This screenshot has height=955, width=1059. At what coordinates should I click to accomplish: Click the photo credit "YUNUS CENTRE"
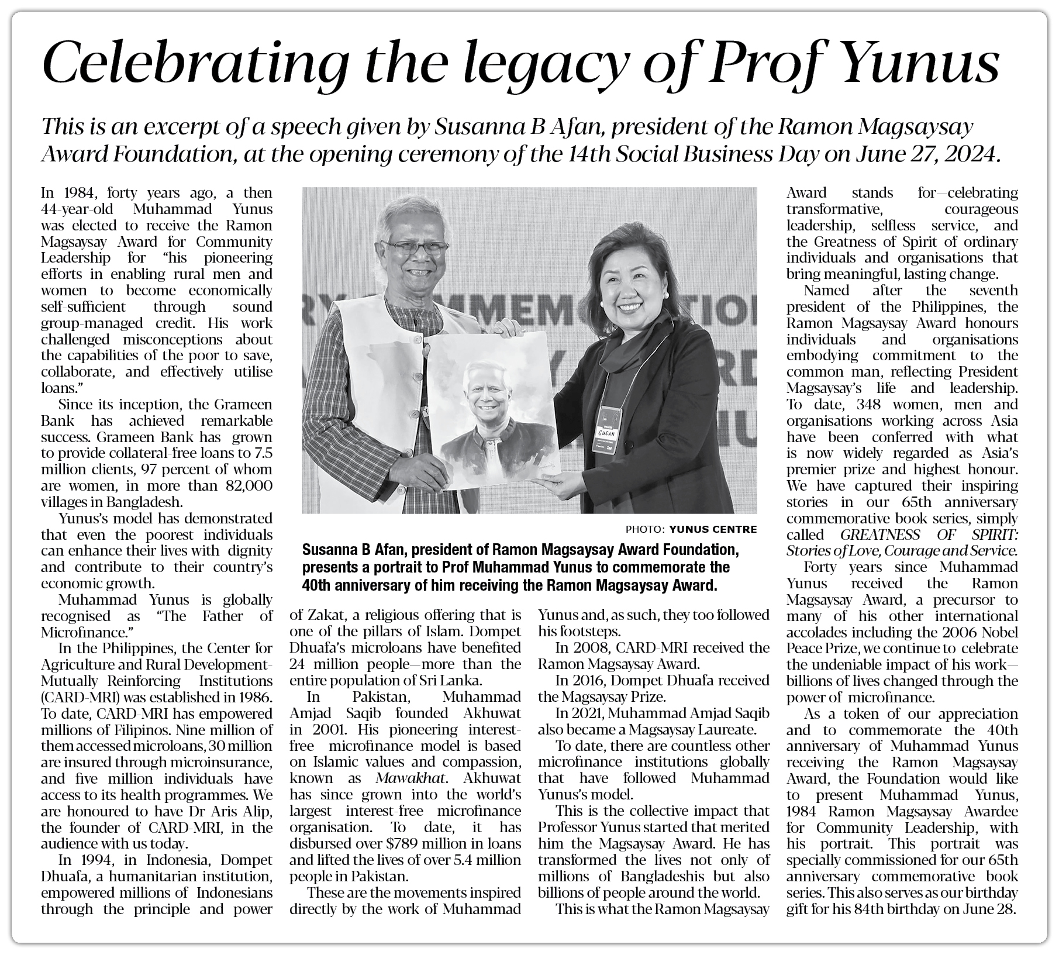713,530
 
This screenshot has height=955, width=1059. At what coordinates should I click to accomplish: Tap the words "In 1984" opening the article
67,193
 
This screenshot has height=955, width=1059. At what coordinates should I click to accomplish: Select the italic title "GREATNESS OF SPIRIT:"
929,535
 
